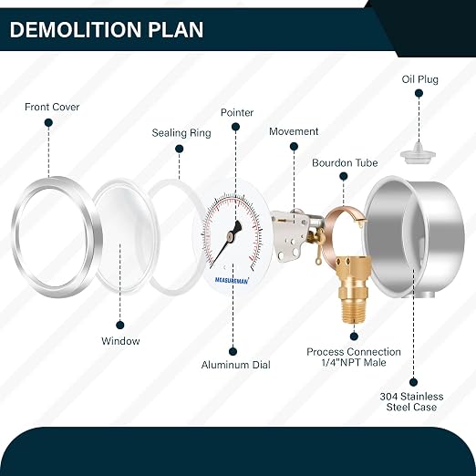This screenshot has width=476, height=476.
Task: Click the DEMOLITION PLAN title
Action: click(x=107, y=30)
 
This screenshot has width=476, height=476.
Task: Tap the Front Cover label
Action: click(x=52, y=107)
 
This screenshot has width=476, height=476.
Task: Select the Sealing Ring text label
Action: click(x=181, y=133)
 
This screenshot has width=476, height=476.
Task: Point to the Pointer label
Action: click(x=237, y=113)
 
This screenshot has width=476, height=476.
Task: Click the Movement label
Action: click(x=294, y=131)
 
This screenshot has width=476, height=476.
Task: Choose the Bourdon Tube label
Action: click(x=345, y=163)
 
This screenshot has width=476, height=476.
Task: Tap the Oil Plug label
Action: click(x=420, y=79)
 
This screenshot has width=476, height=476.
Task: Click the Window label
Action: click(x=120, y=341)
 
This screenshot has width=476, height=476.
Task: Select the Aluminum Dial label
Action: click(x=235, y=365)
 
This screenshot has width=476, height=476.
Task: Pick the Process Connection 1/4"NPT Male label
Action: click(x=354, y=357)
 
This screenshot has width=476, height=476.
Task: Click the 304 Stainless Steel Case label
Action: click(x=411, y=402)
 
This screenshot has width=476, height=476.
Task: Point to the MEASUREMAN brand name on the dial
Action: click(x=232, y=280)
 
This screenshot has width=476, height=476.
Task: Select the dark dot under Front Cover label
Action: click(x=48, y=123)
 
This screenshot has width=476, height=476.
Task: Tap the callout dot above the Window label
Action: click(x=120, y=326)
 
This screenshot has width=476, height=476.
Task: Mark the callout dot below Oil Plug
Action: click(x=419, y=93)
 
